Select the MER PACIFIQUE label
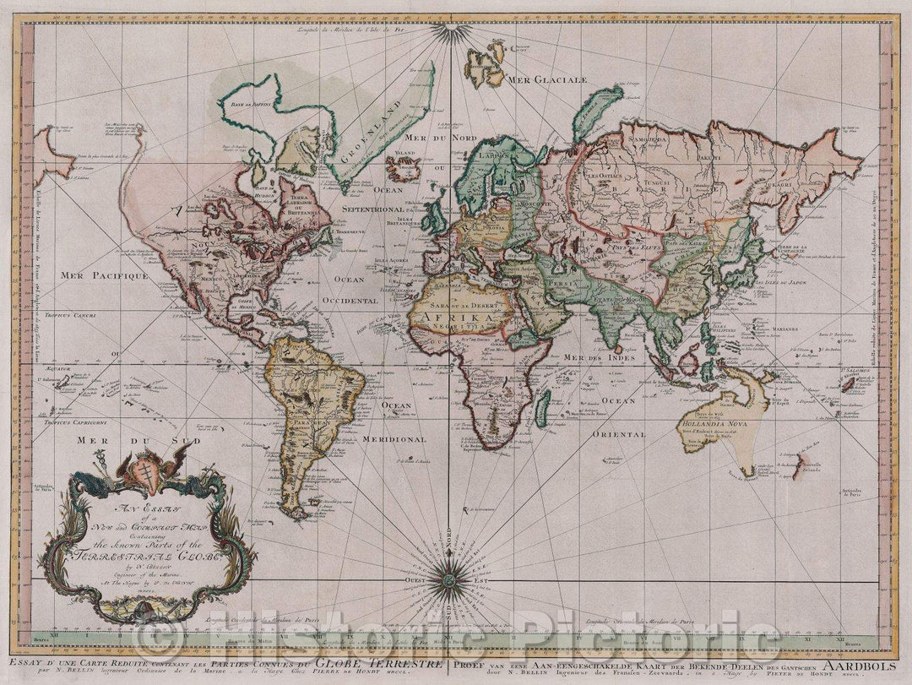click(104, 275)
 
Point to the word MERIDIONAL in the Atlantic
click(394, 439)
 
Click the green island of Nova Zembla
click(595, 112)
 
